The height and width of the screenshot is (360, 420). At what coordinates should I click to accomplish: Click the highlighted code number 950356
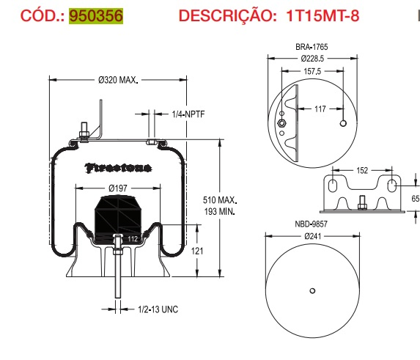click(x=96, y=15)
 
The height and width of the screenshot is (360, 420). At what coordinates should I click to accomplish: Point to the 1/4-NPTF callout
click(x=187, y=114)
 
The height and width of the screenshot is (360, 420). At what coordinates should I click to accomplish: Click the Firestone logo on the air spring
click(x=119, y=167)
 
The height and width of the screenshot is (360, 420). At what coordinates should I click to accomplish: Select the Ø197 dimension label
click(x=119, y=188)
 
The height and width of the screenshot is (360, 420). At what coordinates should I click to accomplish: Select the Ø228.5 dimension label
click(x=312, y=56)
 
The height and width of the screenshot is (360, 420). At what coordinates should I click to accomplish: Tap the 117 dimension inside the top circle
click(x=320, y=109)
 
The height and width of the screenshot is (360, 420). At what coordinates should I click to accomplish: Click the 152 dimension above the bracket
click(x=361, y=169)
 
